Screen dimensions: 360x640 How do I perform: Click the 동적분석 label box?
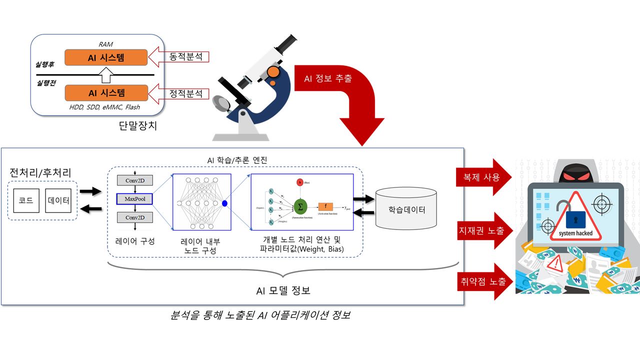click(186, 56)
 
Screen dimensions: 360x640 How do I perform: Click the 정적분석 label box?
click(186, 93)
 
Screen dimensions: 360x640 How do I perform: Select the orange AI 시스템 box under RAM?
click(106, 57)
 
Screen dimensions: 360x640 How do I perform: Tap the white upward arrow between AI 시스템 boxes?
click(106, 75)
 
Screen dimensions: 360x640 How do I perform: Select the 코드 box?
click(26, 200)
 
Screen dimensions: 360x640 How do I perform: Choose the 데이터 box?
click(58, 200)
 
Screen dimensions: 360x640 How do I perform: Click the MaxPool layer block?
click(134, 199)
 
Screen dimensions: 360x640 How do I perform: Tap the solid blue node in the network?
click(224, 203)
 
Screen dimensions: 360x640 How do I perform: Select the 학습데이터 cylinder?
click(406, 209)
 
